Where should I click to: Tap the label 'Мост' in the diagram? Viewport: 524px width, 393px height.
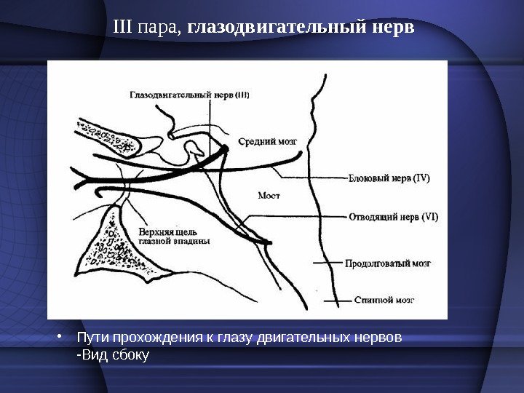tap(269, 195)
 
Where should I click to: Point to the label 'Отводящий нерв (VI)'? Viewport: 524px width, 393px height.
tap(394, 217)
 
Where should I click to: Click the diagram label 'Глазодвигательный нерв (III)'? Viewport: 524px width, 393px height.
tap(189, 94)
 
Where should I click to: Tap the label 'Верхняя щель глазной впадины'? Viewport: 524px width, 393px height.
tap(174, 235)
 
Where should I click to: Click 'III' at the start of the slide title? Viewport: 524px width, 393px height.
tap(123, 28)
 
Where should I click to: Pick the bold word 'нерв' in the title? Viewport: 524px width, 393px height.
tap(392, 28)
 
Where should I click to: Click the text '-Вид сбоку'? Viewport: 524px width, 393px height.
tap(113, 356)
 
